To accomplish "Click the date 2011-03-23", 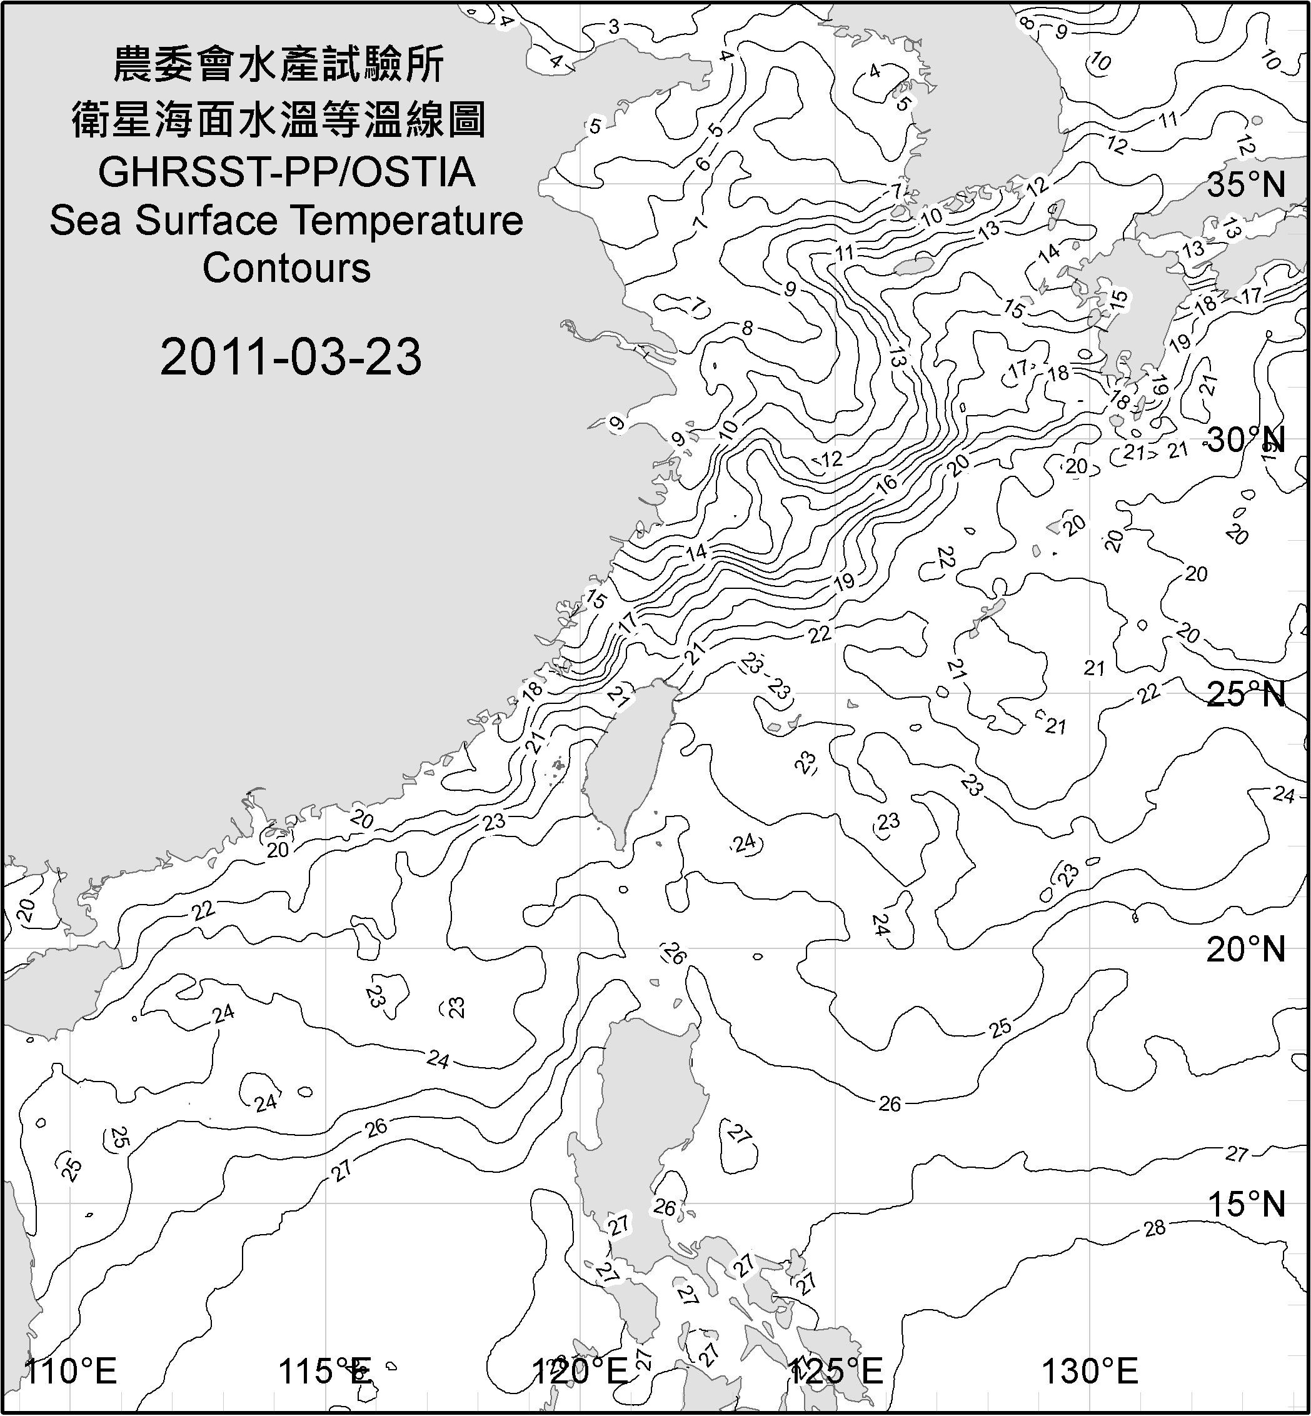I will tap(291, 356).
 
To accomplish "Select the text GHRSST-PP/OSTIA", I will tap(286, 173).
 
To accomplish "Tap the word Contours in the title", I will tap(286, 268).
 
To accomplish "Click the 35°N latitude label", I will tap(1246, 184).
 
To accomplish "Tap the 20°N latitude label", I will tap(1246, 949).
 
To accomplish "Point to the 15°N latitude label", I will tap(1246, 1204).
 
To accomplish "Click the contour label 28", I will tap(1155, 1228).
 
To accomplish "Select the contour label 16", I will tap(887, 484).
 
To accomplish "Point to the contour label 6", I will tap(702, 164).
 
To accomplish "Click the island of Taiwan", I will tap(628, 759).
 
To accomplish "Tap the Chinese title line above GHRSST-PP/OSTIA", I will tap(278, 119).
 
